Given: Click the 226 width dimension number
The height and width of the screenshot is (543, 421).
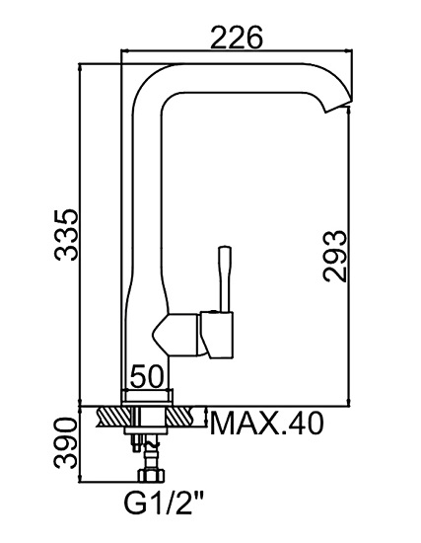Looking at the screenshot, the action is pos(237,38).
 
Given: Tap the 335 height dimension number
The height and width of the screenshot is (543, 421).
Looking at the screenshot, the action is pos(66,234).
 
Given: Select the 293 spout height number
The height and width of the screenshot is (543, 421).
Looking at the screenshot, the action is pos(334,256).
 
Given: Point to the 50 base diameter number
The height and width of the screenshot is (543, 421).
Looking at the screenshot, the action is pos(146,376).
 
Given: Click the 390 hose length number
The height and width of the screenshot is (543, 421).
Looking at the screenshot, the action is pos(65,443).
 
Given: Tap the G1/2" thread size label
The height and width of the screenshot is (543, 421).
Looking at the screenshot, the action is pos(163,505).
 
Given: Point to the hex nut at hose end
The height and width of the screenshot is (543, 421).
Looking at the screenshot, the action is pos(152,475).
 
